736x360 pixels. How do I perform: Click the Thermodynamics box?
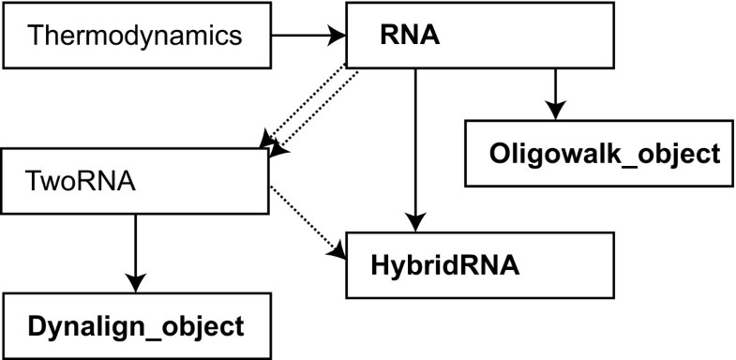(x=137, y=37)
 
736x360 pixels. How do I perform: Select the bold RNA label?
(x=410, y=36)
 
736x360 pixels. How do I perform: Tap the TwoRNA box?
(x=137, y=179)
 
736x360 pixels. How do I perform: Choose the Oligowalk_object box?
(x=599, y=153)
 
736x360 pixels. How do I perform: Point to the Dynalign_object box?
(x=137, y=325)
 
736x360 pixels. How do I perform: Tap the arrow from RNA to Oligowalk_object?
(x=555, y=93)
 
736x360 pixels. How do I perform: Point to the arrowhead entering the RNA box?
(x=338, y=37)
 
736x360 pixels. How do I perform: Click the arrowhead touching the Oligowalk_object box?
(x=555, y=112)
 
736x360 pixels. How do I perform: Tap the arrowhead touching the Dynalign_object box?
(x=136, y=283)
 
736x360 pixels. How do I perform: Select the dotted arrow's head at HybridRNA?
(x=337, y=250)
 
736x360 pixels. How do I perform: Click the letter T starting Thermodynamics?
(x=36, y=37)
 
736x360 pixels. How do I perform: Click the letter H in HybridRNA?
(x=381, y=265)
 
